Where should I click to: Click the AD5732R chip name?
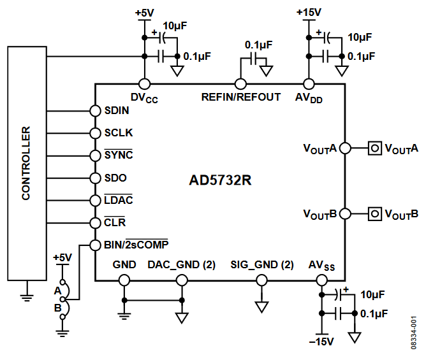220,180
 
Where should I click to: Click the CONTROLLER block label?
26,164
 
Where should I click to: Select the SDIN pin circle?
94,110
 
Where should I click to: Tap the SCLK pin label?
118,133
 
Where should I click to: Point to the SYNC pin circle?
94,155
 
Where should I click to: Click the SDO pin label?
115,178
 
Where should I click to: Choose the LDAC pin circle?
94,200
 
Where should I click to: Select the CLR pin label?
115,222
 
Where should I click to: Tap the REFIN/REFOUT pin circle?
240,83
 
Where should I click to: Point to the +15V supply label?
309,12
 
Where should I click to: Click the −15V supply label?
322,342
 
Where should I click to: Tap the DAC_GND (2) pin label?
181,264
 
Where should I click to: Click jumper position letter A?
57,290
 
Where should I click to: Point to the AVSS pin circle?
322,279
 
